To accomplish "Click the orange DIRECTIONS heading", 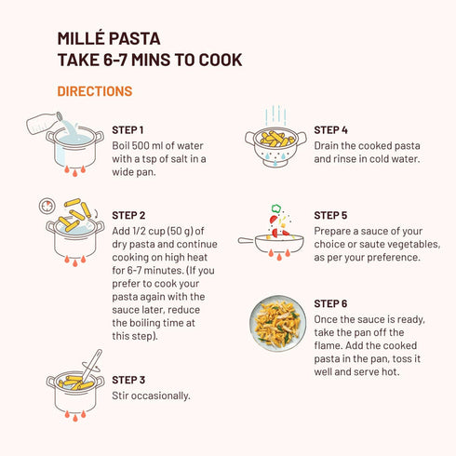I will pos(94,91).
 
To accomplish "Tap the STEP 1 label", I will pos(128,130).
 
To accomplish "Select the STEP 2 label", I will pos(128,216).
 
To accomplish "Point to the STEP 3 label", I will pos(128,380).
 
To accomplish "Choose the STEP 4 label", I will pos(331,130).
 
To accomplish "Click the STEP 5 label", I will pos(331,216).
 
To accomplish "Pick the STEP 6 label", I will pos(331,303).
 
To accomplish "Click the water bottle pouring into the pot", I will pos(46,124).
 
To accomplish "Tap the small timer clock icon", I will pos(46,205).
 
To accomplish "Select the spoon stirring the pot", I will pos(90,363).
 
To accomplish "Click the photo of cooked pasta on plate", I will pos(277,323).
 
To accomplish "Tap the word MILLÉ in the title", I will pos(82,39).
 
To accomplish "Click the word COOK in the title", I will pos(221,60).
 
